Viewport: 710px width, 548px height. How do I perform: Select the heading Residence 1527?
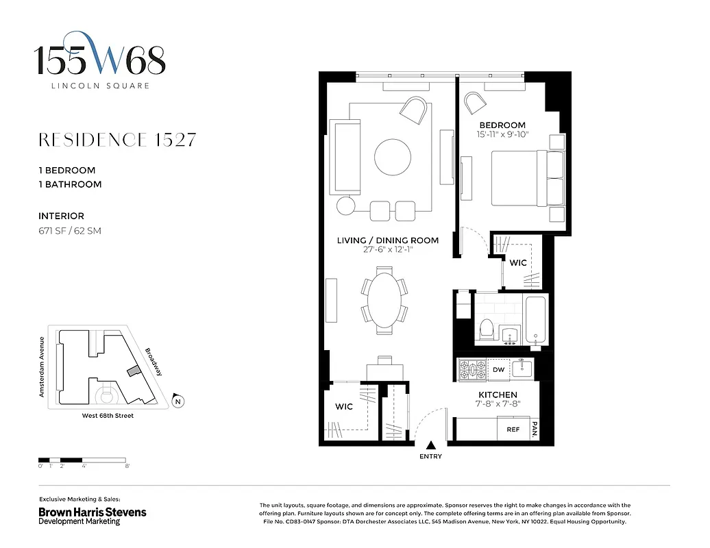pos(117,140)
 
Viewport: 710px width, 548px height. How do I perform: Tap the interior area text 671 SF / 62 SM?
pos(70,231)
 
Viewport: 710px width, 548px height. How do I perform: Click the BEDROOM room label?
pos(502,125)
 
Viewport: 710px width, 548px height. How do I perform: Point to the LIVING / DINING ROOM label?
pos(387,240)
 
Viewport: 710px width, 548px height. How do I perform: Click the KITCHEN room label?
pos(497,395)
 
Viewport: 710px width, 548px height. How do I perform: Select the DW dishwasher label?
pos(498,370)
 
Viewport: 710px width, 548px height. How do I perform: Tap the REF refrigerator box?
pos(513,429)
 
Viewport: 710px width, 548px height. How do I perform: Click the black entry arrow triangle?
pos(431,446)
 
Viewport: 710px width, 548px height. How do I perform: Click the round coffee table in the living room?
pos(393,158)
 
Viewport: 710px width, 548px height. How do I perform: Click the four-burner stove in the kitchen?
pos(472,370)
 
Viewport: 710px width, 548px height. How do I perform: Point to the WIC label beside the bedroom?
pos(517,262)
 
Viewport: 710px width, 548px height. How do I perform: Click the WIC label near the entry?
pos(344,406)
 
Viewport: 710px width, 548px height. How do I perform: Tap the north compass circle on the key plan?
pos(178,401)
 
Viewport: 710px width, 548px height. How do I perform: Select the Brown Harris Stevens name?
pos(92,512)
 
